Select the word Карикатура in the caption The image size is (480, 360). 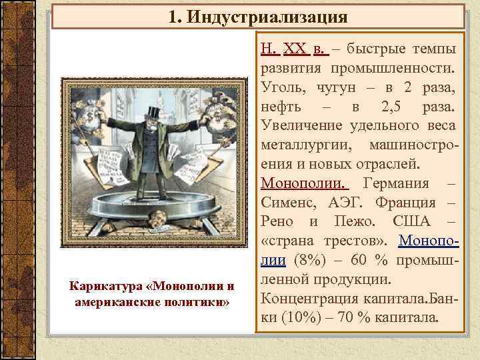click(109, 287)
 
